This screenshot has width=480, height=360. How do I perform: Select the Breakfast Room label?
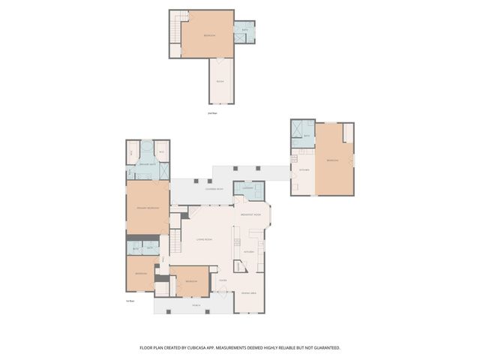[250, 215]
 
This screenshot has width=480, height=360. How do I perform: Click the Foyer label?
[223, 280]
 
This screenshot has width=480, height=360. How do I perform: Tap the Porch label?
[196, 306]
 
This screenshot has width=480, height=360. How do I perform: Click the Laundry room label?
[247, 187]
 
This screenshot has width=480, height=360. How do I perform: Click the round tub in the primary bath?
[147, 148]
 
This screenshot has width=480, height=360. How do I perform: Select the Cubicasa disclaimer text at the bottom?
[240, 347]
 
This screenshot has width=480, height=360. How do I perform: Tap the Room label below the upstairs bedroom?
[220, 81]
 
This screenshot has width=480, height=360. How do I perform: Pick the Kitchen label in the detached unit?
[304, 169]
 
